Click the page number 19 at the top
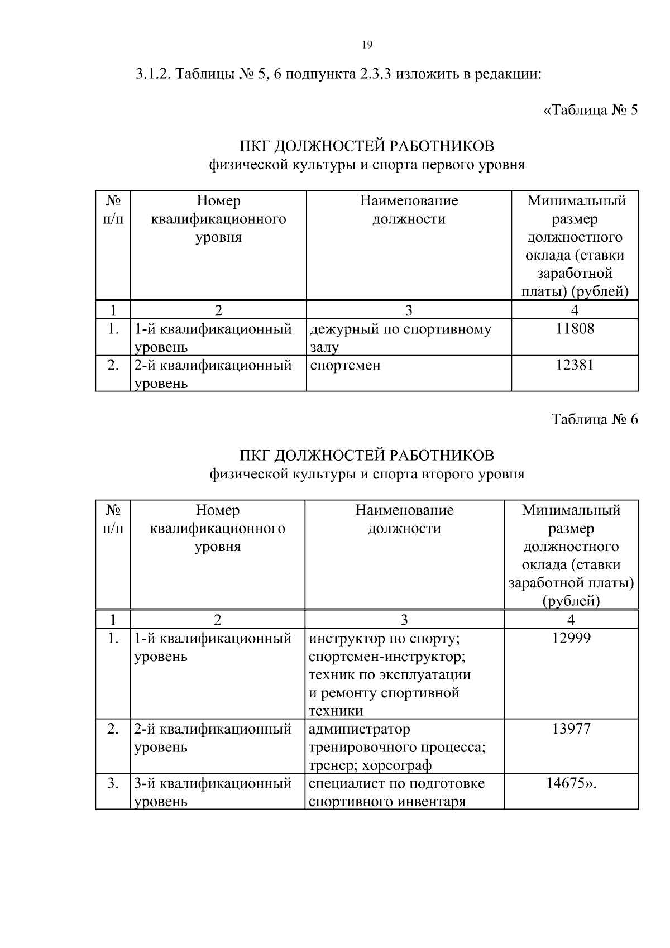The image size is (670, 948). point(367,45)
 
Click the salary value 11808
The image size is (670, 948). point(575,328)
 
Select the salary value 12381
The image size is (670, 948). point(575,365)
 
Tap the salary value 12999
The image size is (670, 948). point(571,638)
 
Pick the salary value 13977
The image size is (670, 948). point(571,729)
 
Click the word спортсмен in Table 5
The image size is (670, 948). point(345,366)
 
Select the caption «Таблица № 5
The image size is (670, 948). point(590,110)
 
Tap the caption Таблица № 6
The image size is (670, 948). point(594,419)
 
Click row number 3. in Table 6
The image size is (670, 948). point(113,783)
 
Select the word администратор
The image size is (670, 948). point(359,729)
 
